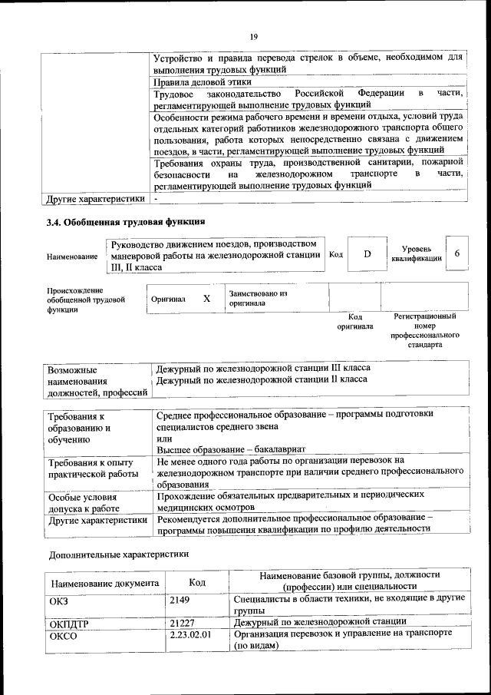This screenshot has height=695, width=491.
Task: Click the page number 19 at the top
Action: (x=253, y=36)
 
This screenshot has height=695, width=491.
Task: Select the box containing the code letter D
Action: (x=367, y=254)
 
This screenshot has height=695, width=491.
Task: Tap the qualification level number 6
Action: (x=457, y=253)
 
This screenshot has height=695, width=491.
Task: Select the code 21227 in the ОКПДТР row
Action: (x=182, y=622)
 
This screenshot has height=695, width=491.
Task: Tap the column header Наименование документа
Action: (x=104, y=583)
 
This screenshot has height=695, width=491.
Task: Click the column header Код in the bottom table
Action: (x=197, y=583)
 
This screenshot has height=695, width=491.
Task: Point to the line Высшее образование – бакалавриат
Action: (x=231, y=448)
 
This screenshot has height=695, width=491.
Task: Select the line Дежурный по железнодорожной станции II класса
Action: (x=262, y=379)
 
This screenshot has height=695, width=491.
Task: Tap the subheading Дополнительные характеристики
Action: (x=119, y=554)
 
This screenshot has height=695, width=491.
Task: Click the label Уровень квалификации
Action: (x=417, y=254)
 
